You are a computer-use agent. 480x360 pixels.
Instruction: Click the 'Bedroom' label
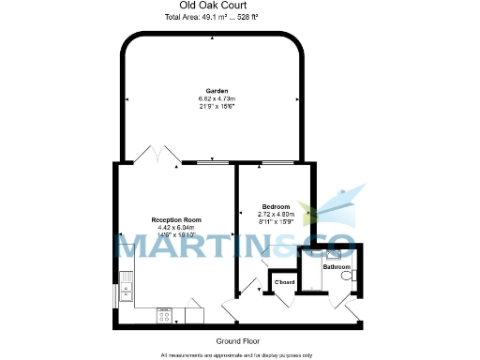point(275,206)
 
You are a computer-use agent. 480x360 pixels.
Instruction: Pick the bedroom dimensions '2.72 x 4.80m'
point(275,214)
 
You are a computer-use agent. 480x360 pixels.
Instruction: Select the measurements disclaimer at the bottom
point(236,355)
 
